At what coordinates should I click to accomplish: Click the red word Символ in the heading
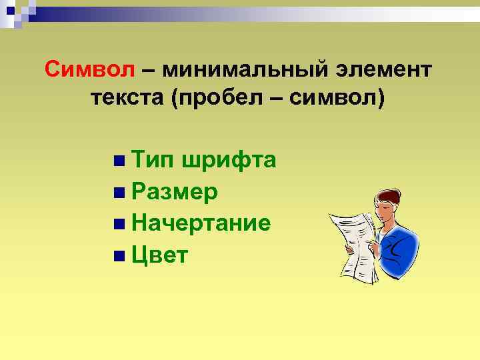pos(89,69)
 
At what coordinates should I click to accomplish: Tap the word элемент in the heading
pos(383,69)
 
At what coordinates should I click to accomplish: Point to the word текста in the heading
pos(127,98)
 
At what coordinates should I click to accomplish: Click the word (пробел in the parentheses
pos(219,99)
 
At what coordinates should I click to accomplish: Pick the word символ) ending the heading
pos(347,99)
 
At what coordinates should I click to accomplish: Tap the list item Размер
pos(175,193)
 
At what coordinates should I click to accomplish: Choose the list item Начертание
pos(201,223)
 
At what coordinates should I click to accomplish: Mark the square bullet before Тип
pos(118,161)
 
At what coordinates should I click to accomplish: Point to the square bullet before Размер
pos(118,193)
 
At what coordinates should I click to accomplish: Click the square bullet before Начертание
pos(118,223)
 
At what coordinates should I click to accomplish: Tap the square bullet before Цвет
pos(118,255)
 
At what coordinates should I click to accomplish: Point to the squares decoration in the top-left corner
pos(17,12)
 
